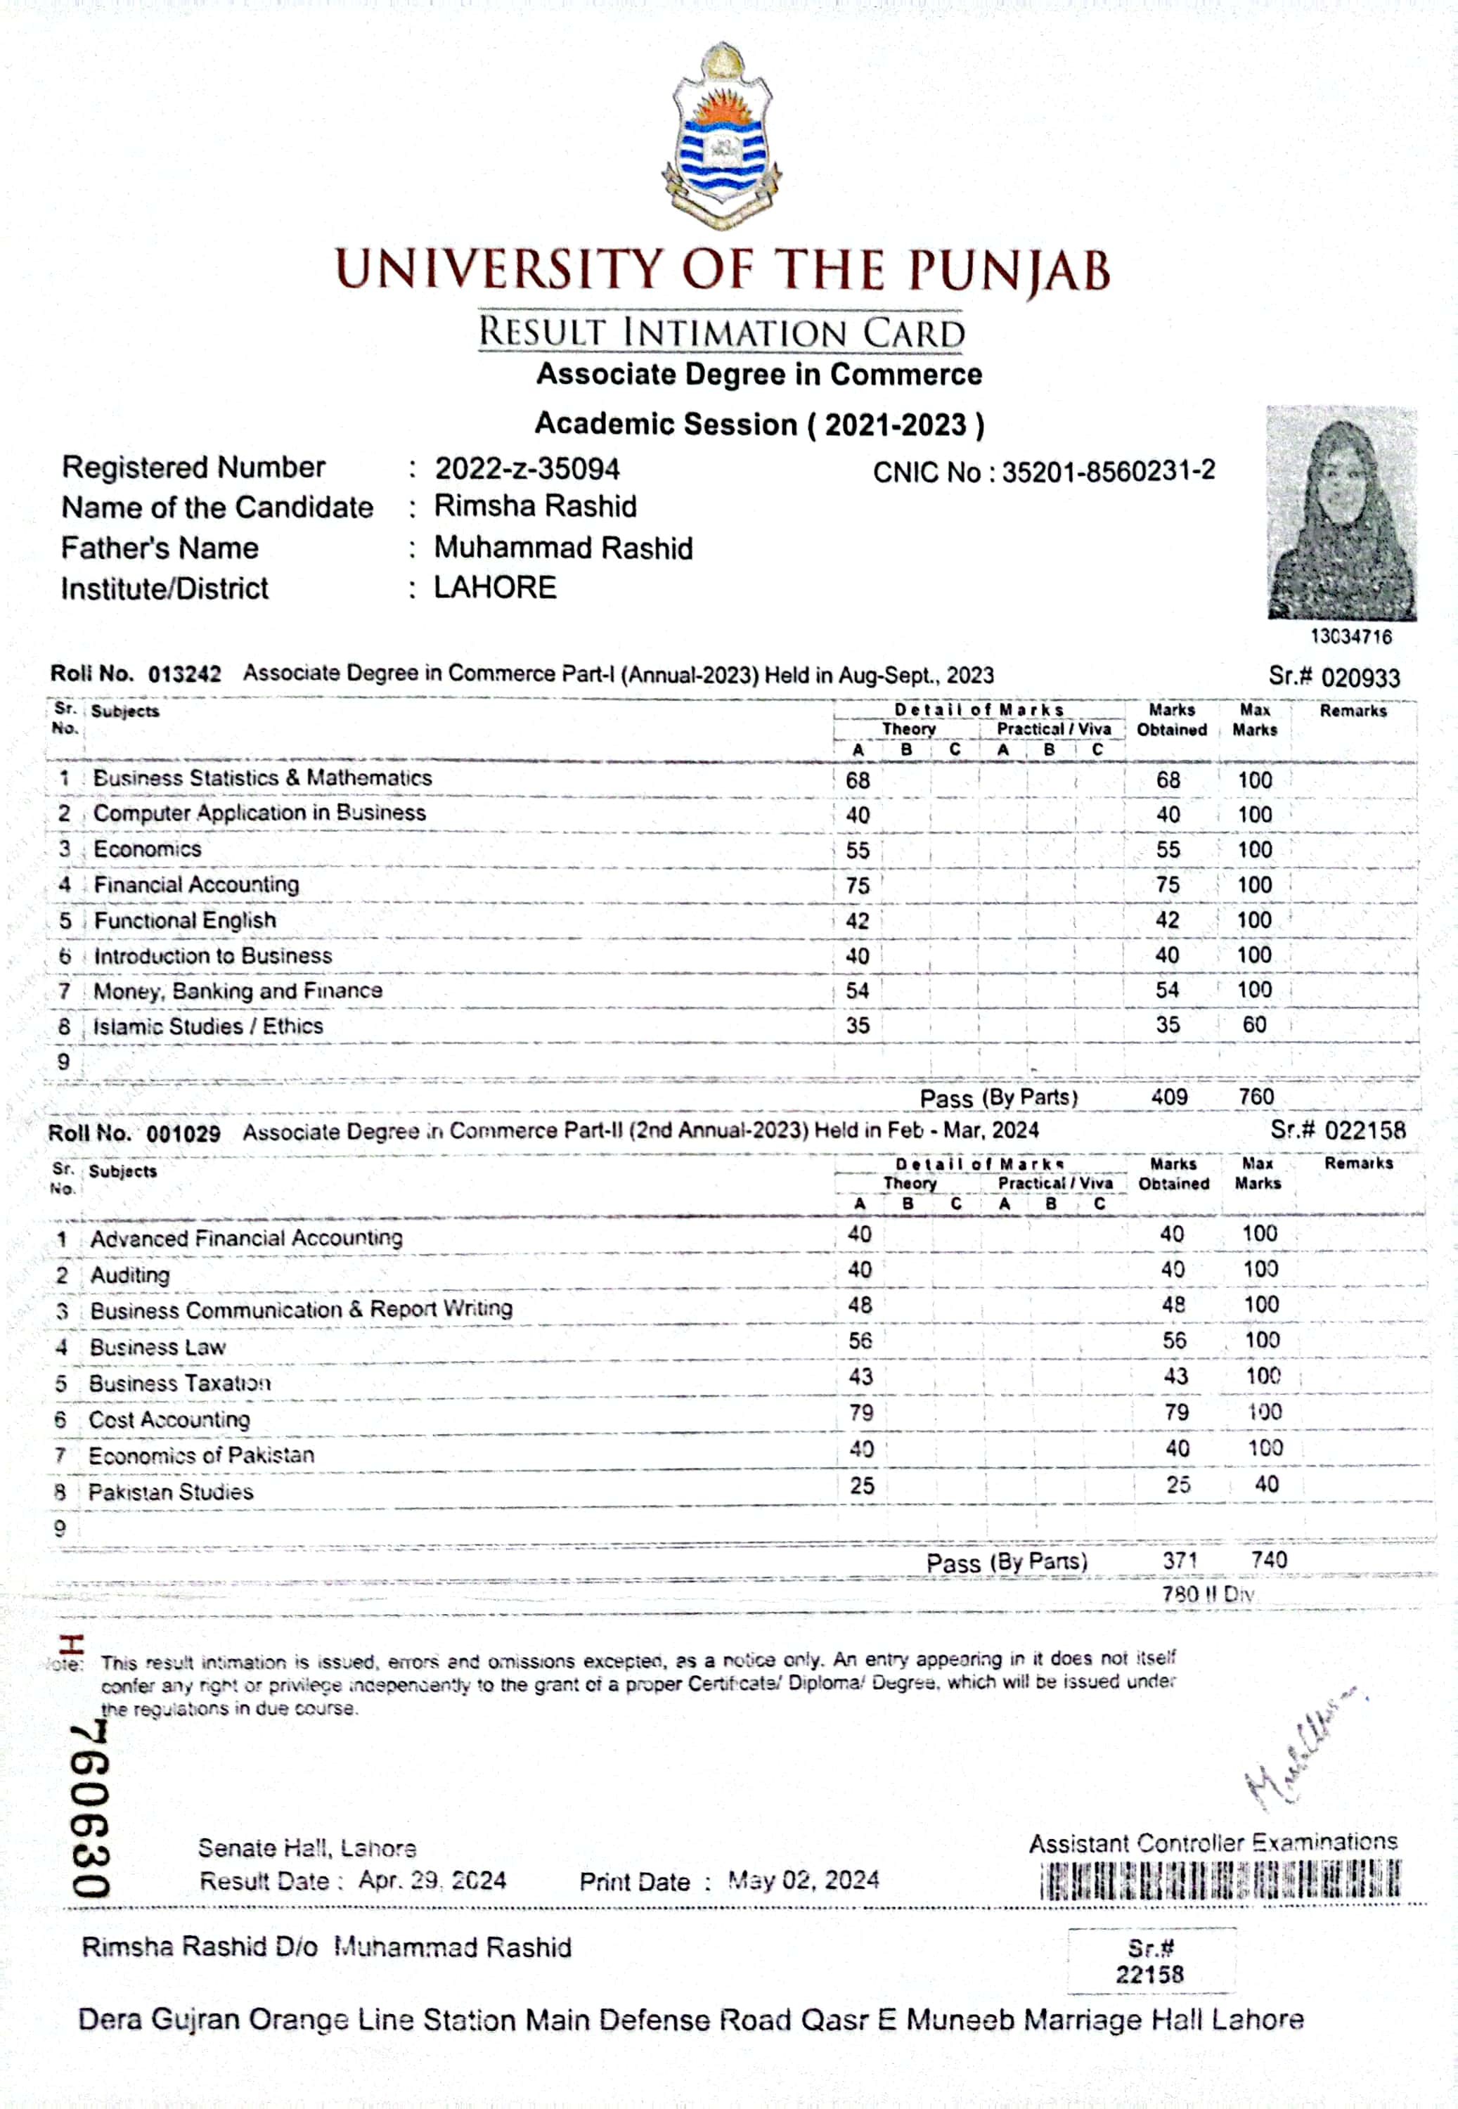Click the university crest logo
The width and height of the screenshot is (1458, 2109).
pyautogui.click(x=721, y=135)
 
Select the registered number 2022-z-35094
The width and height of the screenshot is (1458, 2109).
pyautogui.click(x=527, y=469)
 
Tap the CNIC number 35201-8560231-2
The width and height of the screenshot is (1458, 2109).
pyautogui.click(x=1108, y=471)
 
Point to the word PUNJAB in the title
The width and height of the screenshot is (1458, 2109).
pyautogui.click(x=1009, y=271)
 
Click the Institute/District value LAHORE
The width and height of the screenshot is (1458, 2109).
pyautogui.click(x=495, y=587)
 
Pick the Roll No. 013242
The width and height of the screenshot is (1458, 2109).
pyautogui.click(x=184, y=674)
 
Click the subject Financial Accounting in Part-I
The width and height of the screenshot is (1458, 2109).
pyautogui.click(x=196, y=884)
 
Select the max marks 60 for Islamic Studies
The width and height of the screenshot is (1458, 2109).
pyautogui.click(x=1254, y=1025)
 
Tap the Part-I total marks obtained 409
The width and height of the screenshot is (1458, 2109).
pyautogui.click(x=1169, y=1097)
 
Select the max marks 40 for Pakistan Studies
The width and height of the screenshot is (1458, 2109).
pyautogui.click(x=1266, y=1484)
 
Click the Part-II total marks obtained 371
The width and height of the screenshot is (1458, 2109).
pyautogui.click(x=1180, y=1560)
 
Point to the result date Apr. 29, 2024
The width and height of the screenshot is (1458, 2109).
pyautogui.click(x=432, y=1880)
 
